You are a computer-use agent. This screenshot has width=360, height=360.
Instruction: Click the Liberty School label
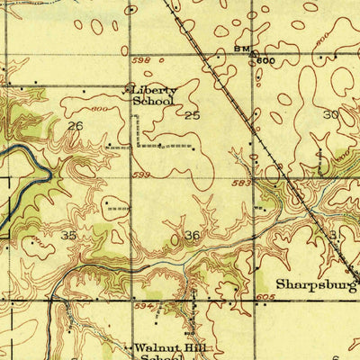click(x=155, y=95)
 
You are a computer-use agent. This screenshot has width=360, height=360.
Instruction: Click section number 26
click(x=75, y=126)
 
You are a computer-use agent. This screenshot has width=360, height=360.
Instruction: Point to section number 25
click(x=192, y=116)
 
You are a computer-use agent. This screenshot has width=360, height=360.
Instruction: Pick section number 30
click(x=330, y=114)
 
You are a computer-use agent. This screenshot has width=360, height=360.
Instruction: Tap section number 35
click(x=68, y=234)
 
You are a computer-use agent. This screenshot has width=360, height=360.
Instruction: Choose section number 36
click(x=192, y=235)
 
